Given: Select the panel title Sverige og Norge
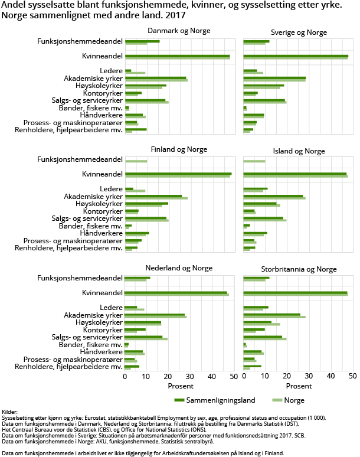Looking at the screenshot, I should pos(299,32).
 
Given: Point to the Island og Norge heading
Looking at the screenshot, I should pos(299,151).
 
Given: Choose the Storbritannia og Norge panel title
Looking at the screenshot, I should pos(299,269).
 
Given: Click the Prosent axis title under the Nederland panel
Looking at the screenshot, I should pos(180,386).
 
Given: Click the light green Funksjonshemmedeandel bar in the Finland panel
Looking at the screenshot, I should pos(136,161).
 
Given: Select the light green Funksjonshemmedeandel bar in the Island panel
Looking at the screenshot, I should pos(254,161).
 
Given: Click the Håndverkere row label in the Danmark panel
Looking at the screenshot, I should pos(101,115).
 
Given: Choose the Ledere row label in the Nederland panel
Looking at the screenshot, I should pos(111,308).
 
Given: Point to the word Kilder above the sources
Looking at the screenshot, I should pos(10,412).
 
